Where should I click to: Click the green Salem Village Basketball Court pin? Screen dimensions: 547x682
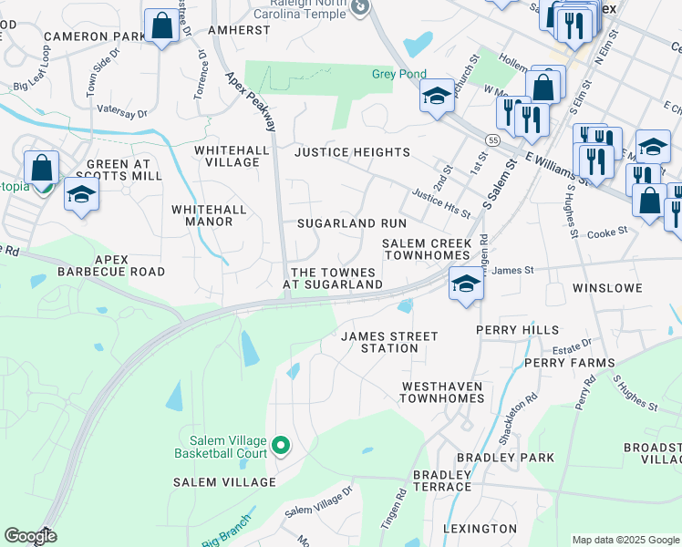[281, 446]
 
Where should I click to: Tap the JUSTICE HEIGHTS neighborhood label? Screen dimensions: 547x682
[352, 152]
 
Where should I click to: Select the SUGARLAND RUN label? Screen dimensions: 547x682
[352, 223]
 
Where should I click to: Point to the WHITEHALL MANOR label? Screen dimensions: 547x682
[210, 215]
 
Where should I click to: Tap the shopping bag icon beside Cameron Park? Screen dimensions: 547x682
[161, 26]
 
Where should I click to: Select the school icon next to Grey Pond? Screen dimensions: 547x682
[437, 96]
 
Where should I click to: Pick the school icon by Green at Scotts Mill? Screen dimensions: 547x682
[82, 195]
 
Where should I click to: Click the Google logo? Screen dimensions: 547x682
[30, 536]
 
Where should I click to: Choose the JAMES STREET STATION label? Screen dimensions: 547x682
[389, 342]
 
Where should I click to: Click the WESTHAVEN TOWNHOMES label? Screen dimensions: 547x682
[442, 392]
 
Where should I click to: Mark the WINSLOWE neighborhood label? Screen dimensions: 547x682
[607, 288]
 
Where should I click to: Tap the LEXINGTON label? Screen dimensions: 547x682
[480, 529]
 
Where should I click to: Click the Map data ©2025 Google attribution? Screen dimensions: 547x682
[625, 540]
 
